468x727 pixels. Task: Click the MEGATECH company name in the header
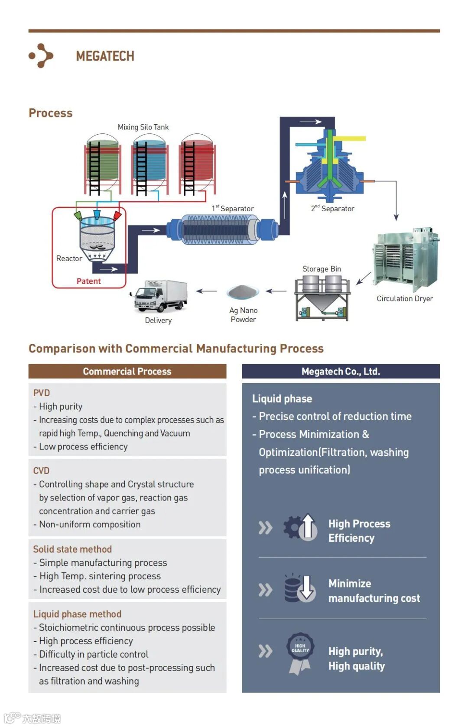coord(105,56)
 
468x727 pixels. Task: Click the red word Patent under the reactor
coord(88,281)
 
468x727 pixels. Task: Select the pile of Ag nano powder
coord(243,292)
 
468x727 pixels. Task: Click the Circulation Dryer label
coord(405,298)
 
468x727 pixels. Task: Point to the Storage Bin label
coord(322,269)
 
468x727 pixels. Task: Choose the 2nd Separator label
coord(333,209)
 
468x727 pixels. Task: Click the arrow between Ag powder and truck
coord(207,291)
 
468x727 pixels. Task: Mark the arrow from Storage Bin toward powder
coord(276,291)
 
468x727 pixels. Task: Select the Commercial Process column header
coord(127,372)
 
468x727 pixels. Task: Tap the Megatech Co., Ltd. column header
coord(341,372)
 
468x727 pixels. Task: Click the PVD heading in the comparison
coord(42,393)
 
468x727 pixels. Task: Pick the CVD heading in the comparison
coord(42,471)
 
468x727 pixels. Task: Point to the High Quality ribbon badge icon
coord(300,653)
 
